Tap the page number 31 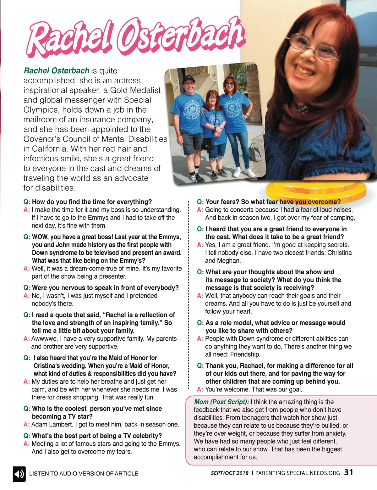(348, 472)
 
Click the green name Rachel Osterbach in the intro (57, 71)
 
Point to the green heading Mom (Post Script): (221, 402)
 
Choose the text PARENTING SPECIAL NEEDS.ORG (298, 473)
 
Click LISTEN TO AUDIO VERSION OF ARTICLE (84, 474)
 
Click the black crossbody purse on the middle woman (208, 143)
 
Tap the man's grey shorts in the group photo (191, 142)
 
